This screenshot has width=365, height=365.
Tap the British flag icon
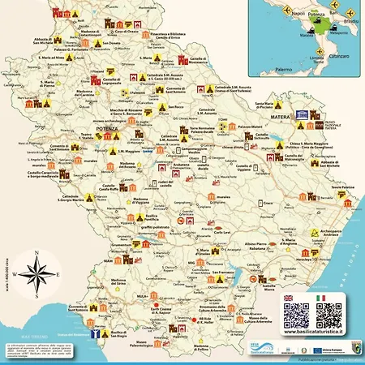point(290,298)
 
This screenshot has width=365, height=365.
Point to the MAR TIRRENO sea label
point(28,336)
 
